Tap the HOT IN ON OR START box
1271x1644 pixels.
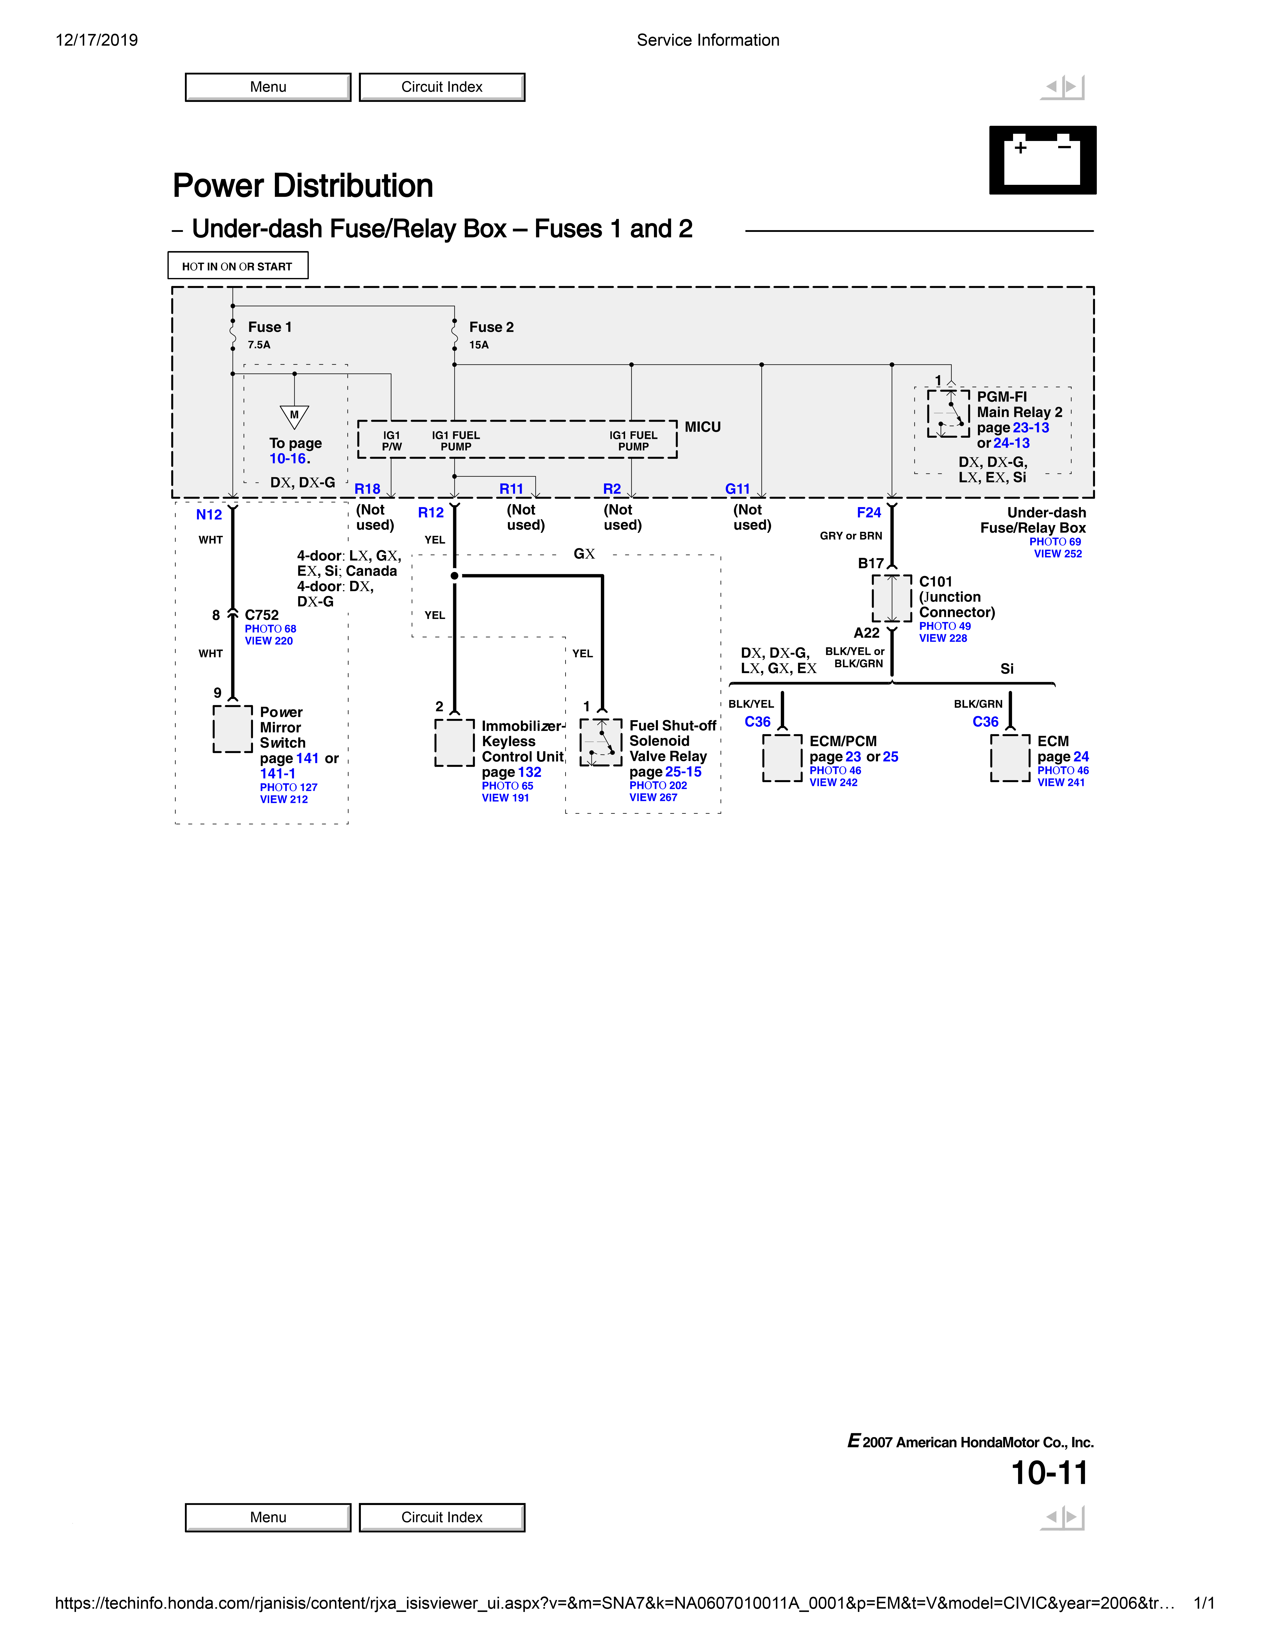(237, 266)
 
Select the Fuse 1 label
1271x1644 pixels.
(270, 327)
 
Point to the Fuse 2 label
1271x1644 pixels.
(491, 327)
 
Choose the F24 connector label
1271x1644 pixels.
(868, 513)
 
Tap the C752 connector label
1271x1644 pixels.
(261, 615)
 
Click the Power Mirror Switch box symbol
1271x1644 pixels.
(233, 729)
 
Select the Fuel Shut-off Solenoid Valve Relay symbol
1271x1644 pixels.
(601, 742)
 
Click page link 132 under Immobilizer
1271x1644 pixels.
(529, 772)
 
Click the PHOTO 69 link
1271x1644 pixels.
(1055, 542)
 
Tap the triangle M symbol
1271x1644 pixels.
(294, 416)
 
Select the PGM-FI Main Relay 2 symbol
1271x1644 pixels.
(948, 413)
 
